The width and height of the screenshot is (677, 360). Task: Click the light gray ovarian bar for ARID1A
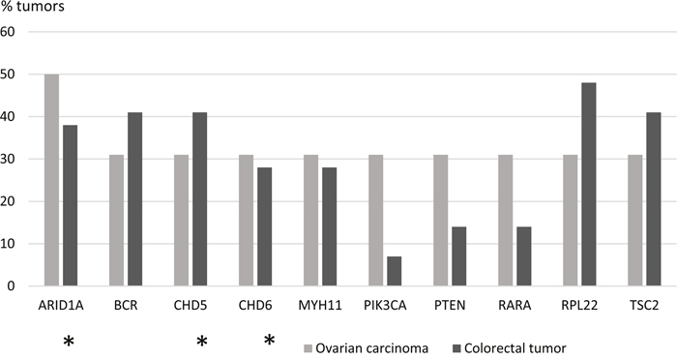click(x=52, y=180)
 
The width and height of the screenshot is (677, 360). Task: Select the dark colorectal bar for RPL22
click(x=588, y=184)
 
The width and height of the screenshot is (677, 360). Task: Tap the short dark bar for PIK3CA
click(x=395, y=271)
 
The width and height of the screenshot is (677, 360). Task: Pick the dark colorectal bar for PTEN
click(x=459, y=256)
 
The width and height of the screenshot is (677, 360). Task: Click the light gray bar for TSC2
click(x=635, y=220)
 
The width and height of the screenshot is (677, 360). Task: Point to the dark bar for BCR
click(x=134, y=198)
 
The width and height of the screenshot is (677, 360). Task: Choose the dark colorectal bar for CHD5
click(x=200, y=198)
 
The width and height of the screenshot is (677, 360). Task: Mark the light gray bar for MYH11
click(x=310, y=220)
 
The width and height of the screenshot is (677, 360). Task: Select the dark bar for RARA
click(x=524, y=256)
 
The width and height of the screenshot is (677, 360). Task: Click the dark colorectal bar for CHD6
click(x=265, y=226)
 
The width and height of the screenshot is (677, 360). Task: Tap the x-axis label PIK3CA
click(x=385, y=306)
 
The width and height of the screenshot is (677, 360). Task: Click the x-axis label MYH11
click(x=320, y=306)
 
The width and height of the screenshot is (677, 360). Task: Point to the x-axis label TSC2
click(x=644, y=306)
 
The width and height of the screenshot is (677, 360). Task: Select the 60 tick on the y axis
click(x=8, y=32)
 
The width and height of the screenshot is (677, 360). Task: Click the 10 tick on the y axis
click(x=8, y=244)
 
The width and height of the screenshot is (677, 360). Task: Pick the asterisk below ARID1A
click(x=69, y=342)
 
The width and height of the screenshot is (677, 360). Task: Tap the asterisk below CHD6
click(x=270, y=340)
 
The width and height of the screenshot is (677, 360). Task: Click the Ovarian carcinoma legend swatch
click(x=308, y=347)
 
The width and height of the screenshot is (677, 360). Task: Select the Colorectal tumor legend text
click(x=515, y=348)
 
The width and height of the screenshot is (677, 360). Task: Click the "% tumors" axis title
click(x=33, y=7)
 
